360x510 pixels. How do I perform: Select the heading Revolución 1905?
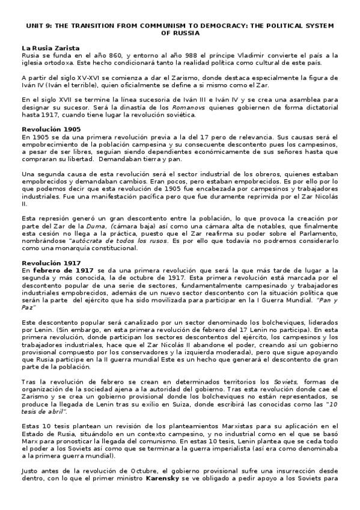pos(51,129)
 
